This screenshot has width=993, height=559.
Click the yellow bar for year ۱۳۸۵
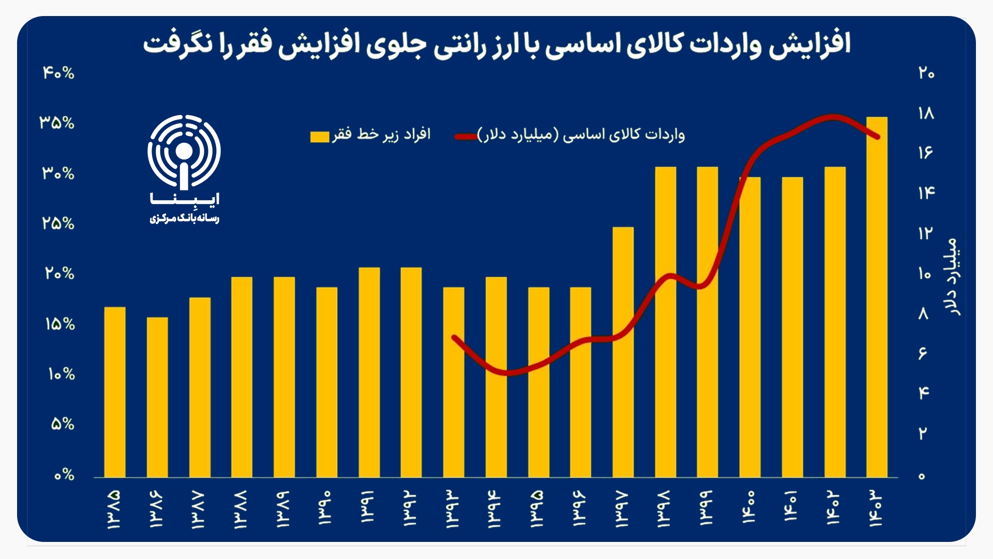(115, 392)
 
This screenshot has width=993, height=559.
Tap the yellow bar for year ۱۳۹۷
(623, 352)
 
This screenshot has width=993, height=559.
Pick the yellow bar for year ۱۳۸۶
(157, 397)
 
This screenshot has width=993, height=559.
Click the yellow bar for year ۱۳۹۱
(369, 372)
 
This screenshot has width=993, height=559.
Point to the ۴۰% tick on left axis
(58, 73)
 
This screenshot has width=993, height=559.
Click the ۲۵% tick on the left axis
(58, 224)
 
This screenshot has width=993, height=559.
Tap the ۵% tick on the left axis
(63, 424)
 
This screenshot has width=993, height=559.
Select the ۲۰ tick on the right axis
(926, 73)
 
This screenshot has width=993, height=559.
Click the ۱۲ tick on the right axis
(926, 233)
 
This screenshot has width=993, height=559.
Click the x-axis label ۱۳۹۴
(495, 509)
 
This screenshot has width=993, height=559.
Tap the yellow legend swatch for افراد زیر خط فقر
(320, 136)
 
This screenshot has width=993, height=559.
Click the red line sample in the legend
(465, 137)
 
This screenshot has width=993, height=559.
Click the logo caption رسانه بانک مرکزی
(185, 219)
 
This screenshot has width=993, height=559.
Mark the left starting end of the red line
(454, 337)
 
